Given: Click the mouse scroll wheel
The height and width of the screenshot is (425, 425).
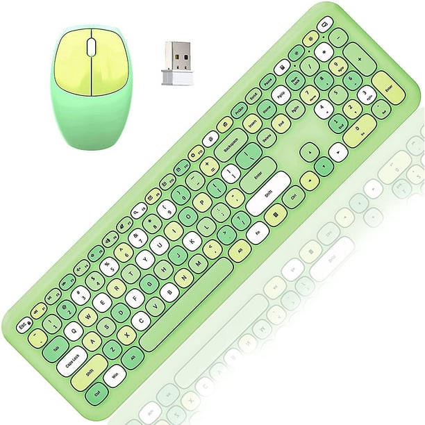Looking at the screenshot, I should pos(92,47).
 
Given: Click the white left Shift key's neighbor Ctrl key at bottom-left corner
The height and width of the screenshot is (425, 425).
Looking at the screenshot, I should pos(97,394).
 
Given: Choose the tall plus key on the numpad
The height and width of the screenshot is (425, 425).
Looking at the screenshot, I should pos(360,59).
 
